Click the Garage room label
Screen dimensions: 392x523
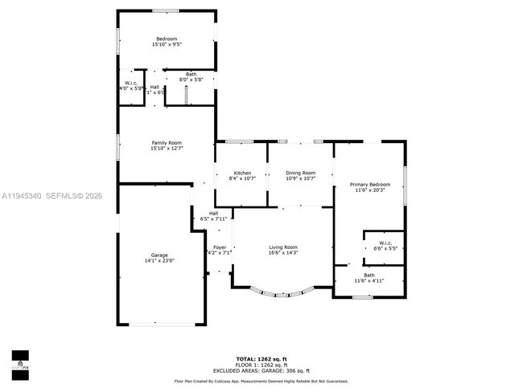pyautogui.click(x=159, y=255)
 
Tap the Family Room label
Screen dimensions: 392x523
pyautogui.click(x=167, y=143)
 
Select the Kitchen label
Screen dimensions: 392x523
pyautogui.click(x=242, y=173)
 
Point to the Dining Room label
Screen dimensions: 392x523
pyautogui.click(x=300, y=173)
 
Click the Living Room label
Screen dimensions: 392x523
pyautogui.click(x=283, y=247)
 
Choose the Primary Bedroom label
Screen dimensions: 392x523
pyautogui.click(x=369, y=185)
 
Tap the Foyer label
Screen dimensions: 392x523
pyautogui.click(x=220, y=247)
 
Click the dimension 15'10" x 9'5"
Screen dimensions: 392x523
pyautogui.click(x=167, y=45)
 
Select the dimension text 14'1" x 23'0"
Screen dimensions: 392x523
pyautogui.click(x=159, y=260)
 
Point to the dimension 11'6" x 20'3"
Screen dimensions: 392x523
pyautogui.click(x=369, y=190)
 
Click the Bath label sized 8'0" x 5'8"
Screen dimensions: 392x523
pyautogui.click(x=191, y=74)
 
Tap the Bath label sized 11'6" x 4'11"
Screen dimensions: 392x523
pyautogui.click(x=369, y=275)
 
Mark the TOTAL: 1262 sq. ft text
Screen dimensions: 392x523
pyautogui.click(x=261, y=358)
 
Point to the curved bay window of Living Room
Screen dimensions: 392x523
pyautogui.click(x=282, y=293)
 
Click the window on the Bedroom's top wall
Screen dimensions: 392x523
pyautogui.click(x=166, y=10)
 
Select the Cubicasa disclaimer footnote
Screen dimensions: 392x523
pyautogui.click(x=261, y=381)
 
